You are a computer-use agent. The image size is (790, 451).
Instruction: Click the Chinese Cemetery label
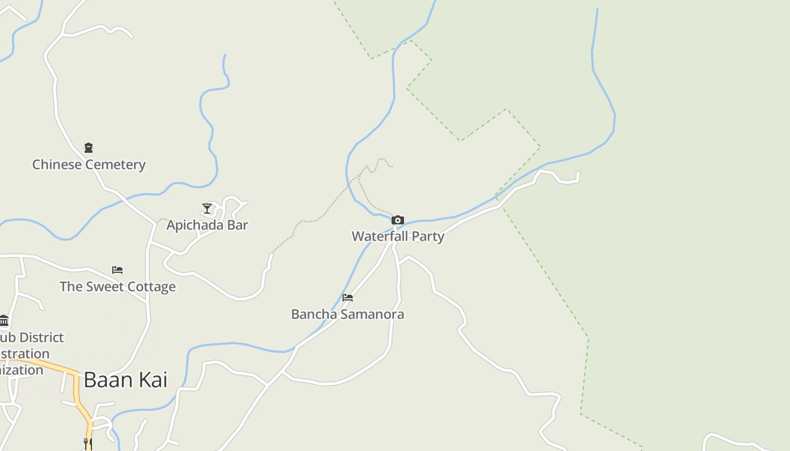pyautogui.click(x=89, y=165)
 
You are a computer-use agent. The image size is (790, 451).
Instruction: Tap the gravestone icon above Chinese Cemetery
pyautogui.click(x=89, y=148)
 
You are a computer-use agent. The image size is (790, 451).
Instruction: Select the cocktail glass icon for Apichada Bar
pyautogui.click(x=207, y=209)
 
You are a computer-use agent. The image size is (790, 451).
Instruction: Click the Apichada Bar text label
pyautogui.click(x=207, y=225)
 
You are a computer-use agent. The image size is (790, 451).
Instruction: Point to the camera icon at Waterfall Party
pyautogui.click(x=398, y=220)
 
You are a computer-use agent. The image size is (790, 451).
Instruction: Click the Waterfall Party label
pyautogui.click(x=398, y=236)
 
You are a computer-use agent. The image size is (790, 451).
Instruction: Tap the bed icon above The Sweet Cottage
pyautogui.click(x=117, y=270)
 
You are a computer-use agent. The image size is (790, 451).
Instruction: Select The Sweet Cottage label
pyautogui.click(x=117, y=286)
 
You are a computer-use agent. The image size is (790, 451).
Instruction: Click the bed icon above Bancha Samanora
pyautogui.click(x=348, y=298)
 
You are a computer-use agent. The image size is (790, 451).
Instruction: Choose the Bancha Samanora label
pyautogui.click(x=348, y=314)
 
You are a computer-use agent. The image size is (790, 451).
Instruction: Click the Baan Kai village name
pyautogui.click(x=125, y=380)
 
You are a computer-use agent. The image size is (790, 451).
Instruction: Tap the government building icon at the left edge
pyautogui.click(x=4, y=321)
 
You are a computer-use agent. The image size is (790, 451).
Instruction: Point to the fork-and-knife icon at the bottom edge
pyautogui.click(x=88, y=444)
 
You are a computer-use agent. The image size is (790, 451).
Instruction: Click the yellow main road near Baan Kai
pyautogui.click(x=77, y=389)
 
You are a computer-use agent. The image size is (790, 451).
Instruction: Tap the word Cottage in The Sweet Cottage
pyautogui.click(x=151, y=286)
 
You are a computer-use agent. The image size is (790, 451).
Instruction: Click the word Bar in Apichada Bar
pyautogui.click(x=237, y=225)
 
